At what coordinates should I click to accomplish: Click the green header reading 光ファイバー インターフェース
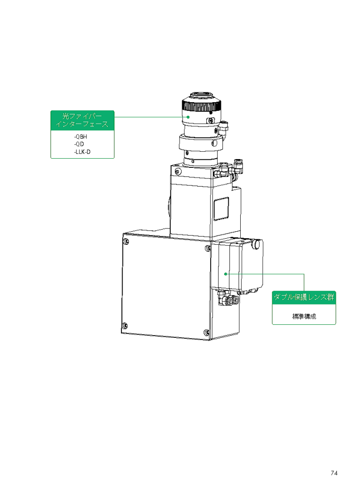[82, 120]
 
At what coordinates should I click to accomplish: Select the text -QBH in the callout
[81, 137]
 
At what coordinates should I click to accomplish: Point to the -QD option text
[79, 144]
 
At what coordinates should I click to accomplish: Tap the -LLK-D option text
[82, 152]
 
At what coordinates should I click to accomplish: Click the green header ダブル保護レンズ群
[304, 297]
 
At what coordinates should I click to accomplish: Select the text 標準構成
[304, 316]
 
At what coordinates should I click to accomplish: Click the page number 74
[334, 473]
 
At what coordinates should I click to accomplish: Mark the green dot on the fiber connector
[188, 117]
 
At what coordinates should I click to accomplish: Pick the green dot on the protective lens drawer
[226, 274]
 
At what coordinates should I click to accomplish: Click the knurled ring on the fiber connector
[201, 106]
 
